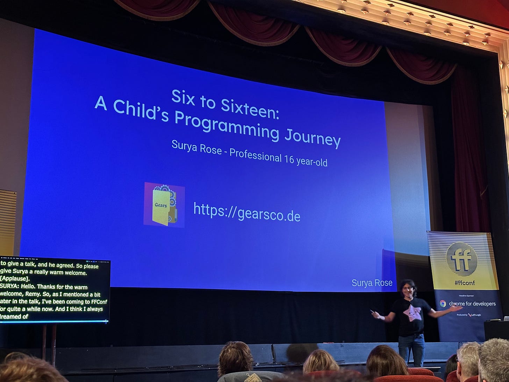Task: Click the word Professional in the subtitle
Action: (x=255, y=155)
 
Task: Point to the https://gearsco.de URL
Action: (x=246, y=212)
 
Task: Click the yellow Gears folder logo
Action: (x=164, y=205)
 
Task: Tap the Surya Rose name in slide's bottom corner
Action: (x=372, y=283)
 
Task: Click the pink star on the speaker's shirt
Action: (x=411, y=312)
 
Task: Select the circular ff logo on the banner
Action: (x=461, y=259)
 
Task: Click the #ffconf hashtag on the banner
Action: (x=465, y=283)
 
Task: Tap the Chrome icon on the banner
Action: (x=443, y=303)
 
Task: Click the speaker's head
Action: (x=408, y=288)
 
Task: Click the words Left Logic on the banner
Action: (x=476, y=315)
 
